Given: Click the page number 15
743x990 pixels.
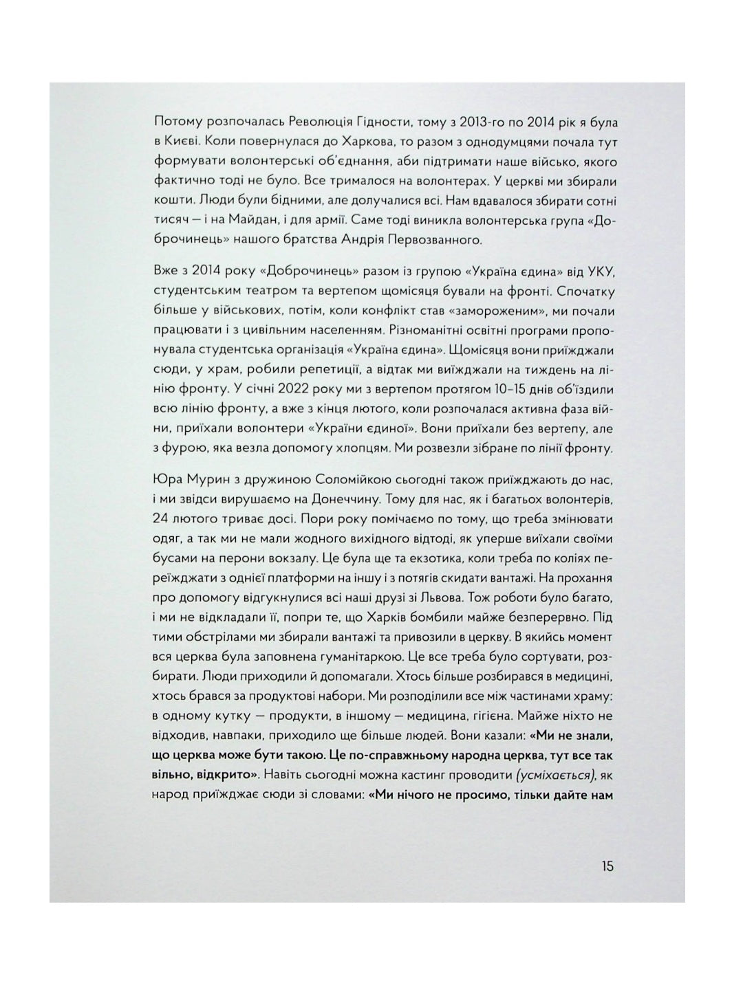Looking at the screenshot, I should [607, 866].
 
